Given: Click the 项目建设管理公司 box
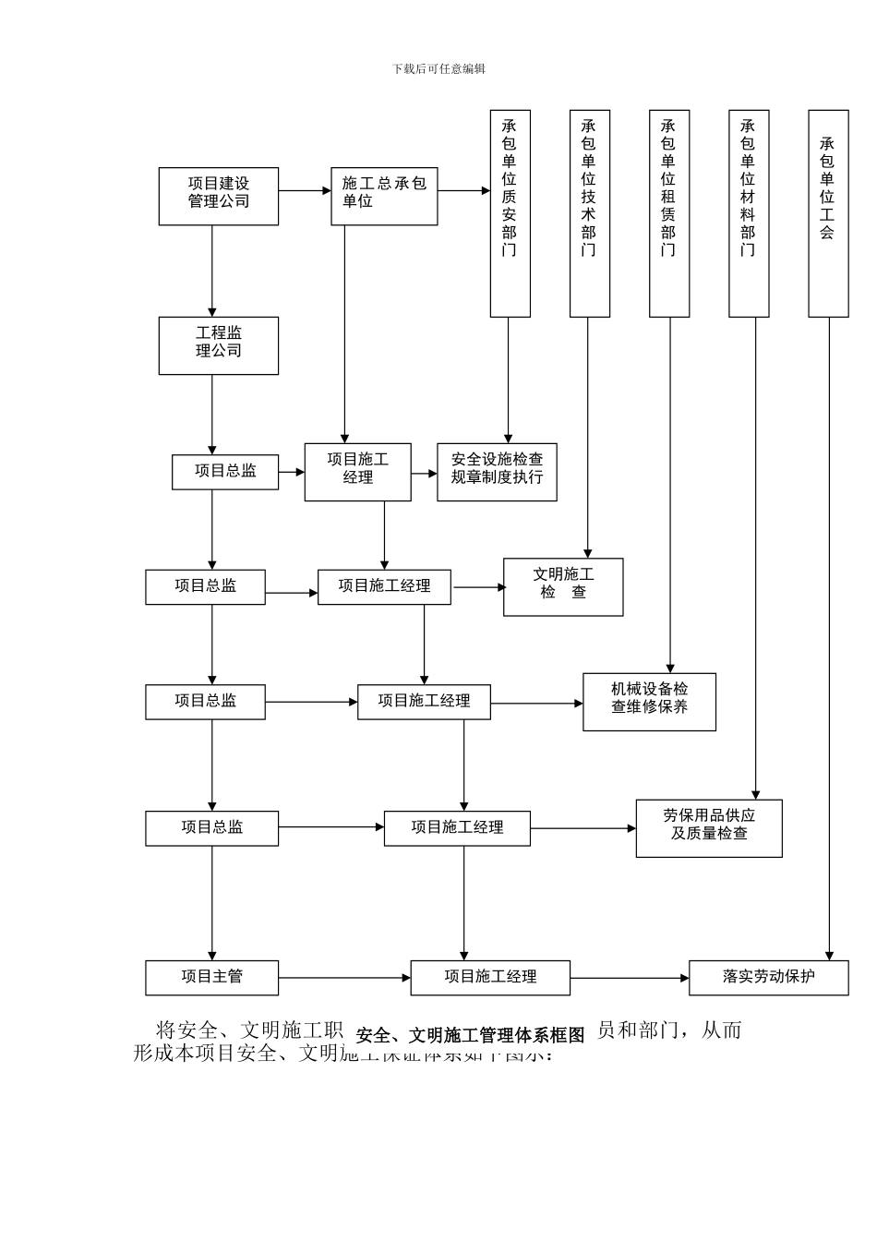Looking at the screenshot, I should tap(218, 196).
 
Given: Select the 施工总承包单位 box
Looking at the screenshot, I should tap(384, 196).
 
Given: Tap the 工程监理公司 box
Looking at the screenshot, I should tap(218, 345).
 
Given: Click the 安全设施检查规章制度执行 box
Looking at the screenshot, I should tap(497, 472).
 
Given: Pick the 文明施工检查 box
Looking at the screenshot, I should tap(563, 586).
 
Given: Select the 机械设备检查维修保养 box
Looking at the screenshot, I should tap(649, 702).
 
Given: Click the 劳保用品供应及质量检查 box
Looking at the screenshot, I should tap(708, 827).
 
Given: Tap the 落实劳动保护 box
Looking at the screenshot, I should tap(768, 977).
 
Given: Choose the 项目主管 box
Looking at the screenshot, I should tap(211, 977).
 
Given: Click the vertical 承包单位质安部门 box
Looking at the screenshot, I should tap(510, 213).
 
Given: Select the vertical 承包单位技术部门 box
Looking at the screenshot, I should tap(589, 213).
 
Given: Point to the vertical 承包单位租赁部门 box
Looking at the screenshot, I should tap(668, 213).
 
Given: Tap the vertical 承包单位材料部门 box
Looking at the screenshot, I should tap(748, 213).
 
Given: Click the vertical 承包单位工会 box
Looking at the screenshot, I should tap(828, 213).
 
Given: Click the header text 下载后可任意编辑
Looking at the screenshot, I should tap(438, 68).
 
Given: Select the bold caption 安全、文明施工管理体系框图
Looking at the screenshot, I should tap(470, 1035).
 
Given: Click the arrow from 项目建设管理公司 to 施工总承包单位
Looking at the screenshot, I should tap(305, 191).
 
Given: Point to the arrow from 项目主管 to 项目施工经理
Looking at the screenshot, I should tap(343, 978).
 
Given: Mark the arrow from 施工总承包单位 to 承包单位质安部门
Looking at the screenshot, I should tap(463, 191).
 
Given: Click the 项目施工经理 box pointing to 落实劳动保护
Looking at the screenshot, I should tap(489, 977).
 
